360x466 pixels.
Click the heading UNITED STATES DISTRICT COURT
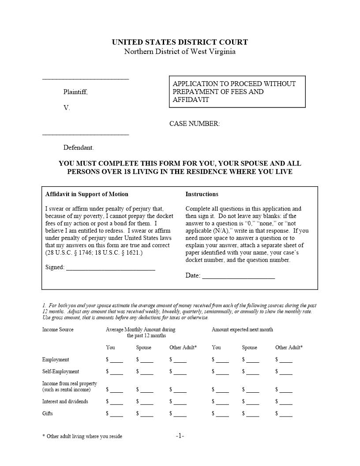(x=180, y=42)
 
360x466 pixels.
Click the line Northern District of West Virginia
(x=180, y=52)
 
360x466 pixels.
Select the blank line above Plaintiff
(x=86, y=79)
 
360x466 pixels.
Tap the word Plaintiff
(x=75, y=92)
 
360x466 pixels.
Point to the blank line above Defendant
(x=86, y=134)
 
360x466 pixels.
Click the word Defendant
(x=79, y=147)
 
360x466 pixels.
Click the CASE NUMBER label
(x=195, y=124)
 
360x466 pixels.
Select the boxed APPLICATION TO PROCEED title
(x=237, y=92)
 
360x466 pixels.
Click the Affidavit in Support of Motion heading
(x=87, y=194)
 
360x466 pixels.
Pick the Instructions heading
(x=202, y=194)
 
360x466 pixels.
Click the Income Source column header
(x=58, y=330)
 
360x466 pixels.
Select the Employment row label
(x=56, y=360)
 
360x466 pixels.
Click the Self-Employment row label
(x=61, y=372)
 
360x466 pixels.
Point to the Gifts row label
(x=48, y=413)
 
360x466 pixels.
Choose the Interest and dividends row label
(x=65, y=402)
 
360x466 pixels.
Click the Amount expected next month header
(x=242, y=330)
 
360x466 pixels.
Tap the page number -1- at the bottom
(x=180, y=436)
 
